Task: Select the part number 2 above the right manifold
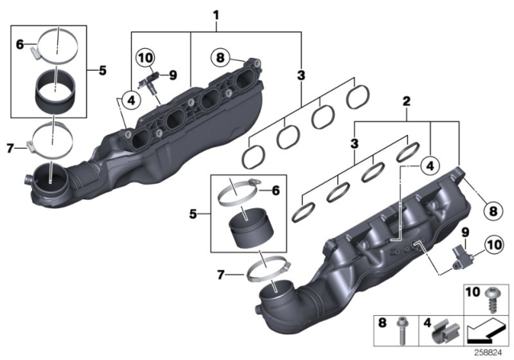[x=406, y=104]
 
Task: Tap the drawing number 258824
[x=487, y=351]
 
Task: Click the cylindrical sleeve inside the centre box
[x=250, y=227]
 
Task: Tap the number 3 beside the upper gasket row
[x=301, y=76]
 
